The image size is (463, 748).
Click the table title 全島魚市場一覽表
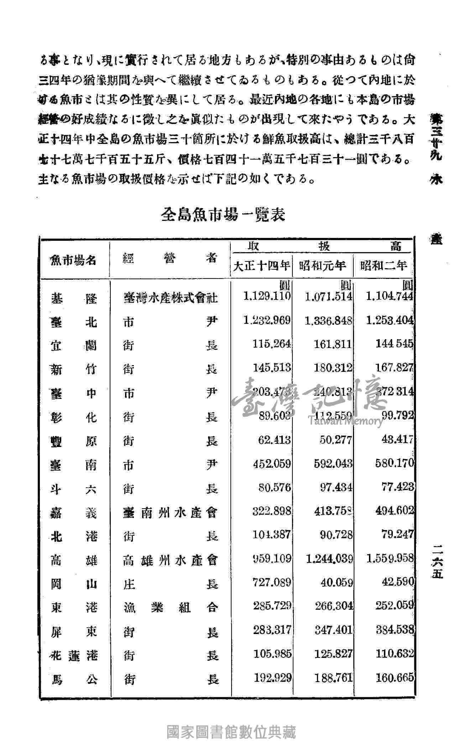223,215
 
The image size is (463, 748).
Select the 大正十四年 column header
261,265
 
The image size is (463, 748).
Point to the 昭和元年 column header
323,265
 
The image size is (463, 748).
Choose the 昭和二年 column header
384,265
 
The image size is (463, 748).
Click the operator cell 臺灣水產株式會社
170,297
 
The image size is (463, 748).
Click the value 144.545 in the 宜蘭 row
394,344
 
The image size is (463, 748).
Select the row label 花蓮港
74,655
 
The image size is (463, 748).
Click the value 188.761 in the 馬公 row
333,678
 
